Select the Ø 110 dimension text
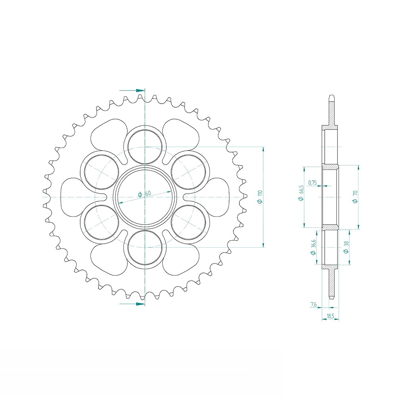[x=260, y=197]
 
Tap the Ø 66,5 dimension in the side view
[x=302, y=193]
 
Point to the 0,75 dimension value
[x=312, y=183]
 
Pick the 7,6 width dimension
[x=313, y=304]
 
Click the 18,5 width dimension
[x=330, y=316]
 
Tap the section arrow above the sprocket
[x=132, y=91]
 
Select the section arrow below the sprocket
[x=132, y=304]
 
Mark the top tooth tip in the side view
[x=331, y=96]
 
